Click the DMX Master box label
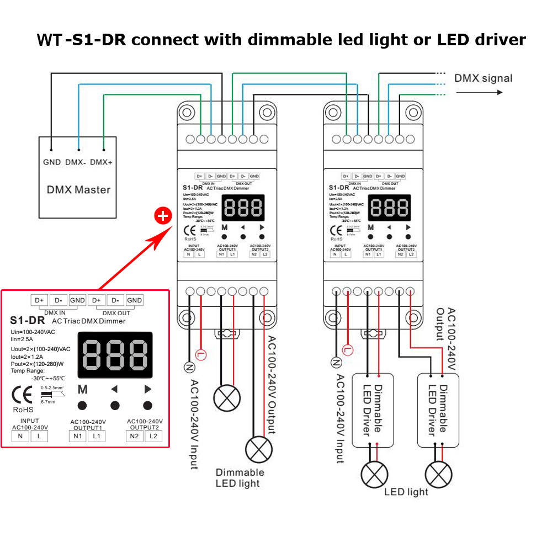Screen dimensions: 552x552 click(78, 190)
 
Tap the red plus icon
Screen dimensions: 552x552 click(162, 216)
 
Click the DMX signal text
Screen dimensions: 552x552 click(483, 78)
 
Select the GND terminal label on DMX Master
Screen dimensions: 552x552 click(52, 162)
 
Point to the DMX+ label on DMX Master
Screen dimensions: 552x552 click(101, 162)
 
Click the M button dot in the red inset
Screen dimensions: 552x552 click(82, 406)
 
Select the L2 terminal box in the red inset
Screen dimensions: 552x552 click(153, 436)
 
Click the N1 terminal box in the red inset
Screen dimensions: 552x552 click(77, 436)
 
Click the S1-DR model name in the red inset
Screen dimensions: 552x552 click(28, 320)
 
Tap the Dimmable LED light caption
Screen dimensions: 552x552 click(240, 477)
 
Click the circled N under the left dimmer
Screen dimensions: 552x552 click(189, 367)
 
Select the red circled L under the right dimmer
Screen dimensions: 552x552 click(347, 349)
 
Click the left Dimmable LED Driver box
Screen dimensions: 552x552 click(373, 410)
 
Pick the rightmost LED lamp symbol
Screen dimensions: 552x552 click(439, 474)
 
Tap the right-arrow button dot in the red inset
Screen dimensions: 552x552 click(147, 406)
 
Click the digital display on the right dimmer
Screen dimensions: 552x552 click(389, 208)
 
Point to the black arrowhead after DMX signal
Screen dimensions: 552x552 click(499, 92)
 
